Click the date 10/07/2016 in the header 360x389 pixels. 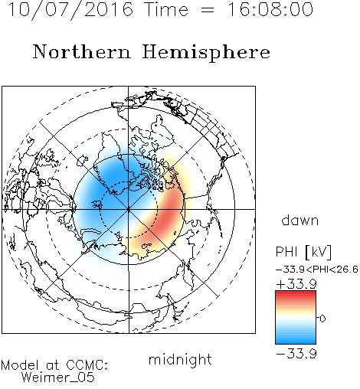click(x=70, y=10)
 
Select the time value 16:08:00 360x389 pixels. click(x=270, y=9)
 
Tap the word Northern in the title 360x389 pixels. click(x=82, y=51)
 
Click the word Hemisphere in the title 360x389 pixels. click(x=206, y=53)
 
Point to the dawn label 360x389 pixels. click(x=300, y=220)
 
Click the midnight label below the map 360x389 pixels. click(x=180, y=360)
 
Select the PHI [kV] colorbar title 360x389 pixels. click(x=303, y=252)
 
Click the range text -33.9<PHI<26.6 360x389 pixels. click(x=317, y=270)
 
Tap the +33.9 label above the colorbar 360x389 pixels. click(x=296, y=284)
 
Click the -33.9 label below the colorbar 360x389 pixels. click(x=296, y=354)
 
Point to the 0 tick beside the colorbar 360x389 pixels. click(x=322, y=319)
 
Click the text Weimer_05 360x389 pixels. click(x=58, y=378)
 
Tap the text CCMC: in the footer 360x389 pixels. click(x=87, y=365)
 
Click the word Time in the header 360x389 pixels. click(x=166, y=10)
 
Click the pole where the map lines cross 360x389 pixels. click(x=129, y=209)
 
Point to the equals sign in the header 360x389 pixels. click(x=208, y=10)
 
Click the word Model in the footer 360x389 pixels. click(x=20, y=365)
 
